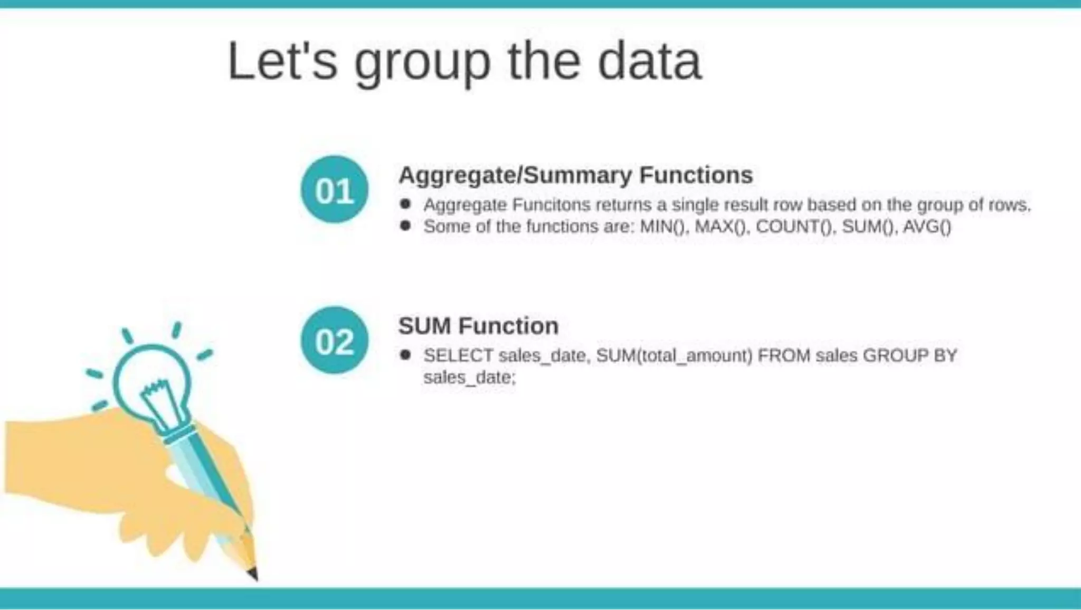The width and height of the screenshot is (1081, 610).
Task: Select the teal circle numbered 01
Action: point(334,190)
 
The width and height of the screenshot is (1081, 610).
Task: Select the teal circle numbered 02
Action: point(334,341)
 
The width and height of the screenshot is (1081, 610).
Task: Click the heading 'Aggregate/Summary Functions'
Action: point(575,175)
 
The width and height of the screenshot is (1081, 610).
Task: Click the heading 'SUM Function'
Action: point(478,326)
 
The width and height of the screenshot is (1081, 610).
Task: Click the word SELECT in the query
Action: point(458,355)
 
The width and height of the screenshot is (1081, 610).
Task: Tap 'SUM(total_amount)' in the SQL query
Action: point(674,355)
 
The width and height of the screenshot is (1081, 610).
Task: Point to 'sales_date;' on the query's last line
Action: point(469,378)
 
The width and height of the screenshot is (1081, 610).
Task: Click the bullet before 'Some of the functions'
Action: point(405,226)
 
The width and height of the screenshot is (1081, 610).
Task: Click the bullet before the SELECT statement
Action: point(405,355)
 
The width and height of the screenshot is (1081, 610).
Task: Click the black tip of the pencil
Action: point(253,574)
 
